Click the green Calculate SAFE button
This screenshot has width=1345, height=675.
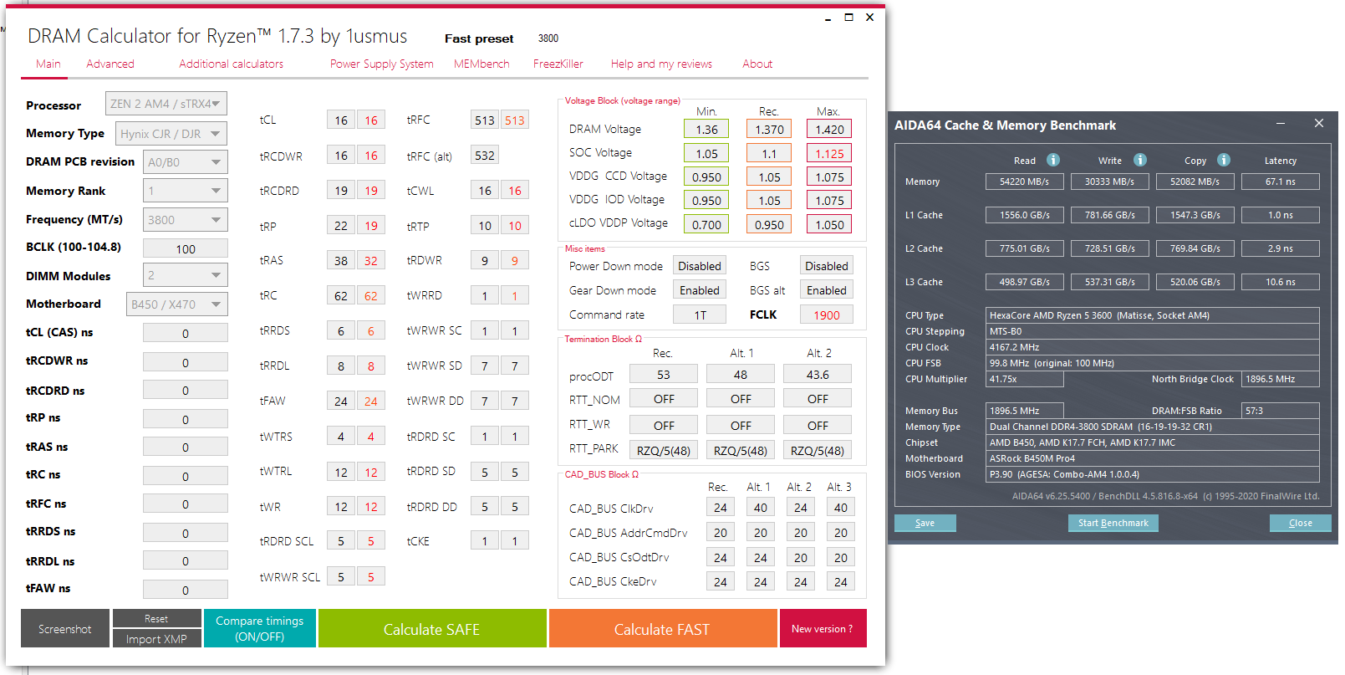431,629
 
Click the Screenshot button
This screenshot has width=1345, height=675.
65,629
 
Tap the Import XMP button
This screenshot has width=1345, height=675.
156,639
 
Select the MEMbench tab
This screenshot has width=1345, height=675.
481,64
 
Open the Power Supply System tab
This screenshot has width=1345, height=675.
381,64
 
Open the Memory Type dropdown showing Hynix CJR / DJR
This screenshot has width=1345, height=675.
171,134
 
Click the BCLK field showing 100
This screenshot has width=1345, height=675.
185,249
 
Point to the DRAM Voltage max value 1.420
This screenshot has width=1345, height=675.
828,130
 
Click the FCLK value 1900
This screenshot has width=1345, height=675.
826,315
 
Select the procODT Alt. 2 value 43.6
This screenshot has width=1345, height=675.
818,375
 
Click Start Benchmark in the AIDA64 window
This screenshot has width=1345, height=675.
1113,523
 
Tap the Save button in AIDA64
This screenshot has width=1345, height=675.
925,523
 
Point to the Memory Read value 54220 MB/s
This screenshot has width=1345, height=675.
1024,182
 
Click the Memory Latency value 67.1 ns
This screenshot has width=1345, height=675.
1280,182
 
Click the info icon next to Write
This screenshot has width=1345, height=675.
1140,160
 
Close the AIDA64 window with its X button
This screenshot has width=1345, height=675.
1318,124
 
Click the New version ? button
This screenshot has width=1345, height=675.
823,629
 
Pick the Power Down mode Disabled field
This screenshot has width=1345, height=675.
699,266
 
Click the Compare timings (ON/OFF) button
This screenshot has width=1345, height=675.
259,629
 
